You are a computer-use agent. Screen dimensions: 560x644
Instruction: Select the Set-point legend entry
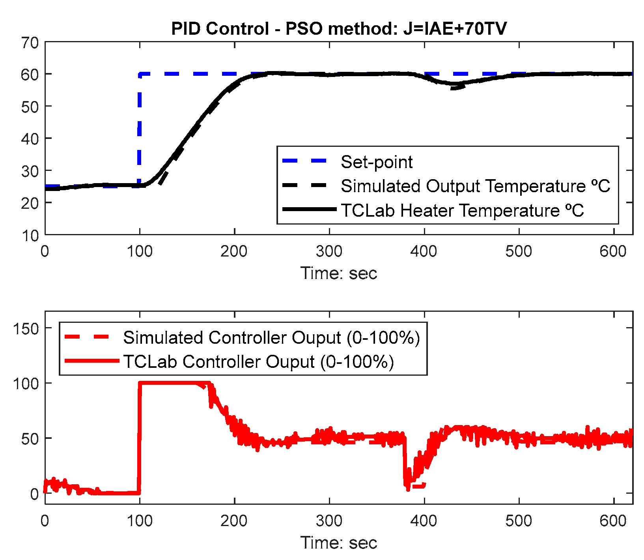[x=376, y=162]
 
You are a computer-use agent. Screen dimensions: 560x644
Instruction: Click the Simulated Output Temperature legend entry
[x=475, y=186]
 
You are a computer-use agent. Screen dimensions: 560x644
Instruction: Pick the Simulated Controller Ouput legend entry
[x=271, y=337]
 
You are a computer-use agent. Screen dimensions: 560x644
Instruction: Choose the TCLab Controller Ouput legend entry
[x=258, y=361]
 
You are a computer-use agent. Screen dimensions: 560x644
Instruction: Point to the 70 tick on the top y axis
[x=30, y=43]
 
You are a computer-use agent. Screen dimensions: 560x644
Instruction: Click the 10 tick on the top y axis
[x=30, y=236]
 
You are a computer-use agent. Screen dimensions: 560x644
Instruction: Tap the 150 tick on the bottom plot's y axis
[x=26, y=328]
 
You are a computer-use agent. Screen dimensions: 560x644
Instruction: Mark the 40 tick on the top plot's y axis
[x=30, y=139]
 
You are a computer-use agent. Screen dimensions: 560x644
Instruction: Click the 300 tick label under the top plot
[x=329, y=251]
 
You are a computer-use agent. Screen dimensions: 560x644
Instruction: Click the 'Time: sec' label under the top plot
[x=339, y=273]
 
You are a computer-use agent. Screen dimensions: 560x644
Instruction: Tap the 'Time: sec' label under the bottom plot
[x=339, y=543]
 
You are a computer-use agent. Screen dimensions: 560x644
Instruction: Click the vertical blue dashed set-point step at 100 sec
[x=140, y=130]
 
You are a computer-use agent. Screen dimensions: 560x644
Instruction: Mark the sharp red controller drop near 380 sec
[x=405, y=462]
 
